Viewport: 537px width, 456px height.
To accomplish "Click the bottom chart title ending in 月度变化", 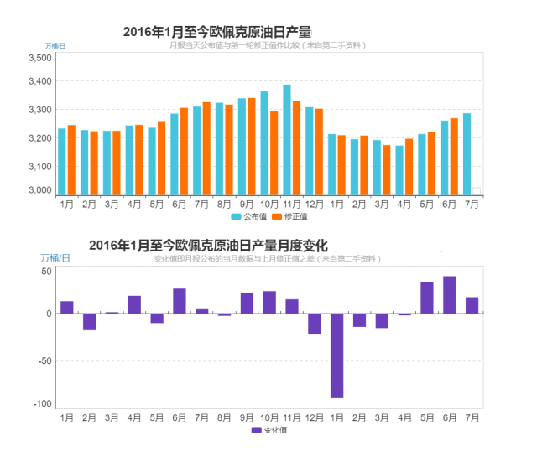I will (x=207, y=246).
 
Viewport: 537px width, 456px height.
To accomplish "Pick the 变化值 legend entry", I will (x=269, y=429).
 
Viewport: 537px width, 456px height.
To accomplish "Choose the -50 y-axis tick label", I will (x=44, y=360).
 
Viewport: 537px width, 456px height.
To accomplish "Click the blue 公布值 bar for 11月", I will (x=287, y=139).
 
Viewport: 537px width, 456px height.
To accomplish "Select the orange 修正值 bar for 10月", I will (x=274, y=153).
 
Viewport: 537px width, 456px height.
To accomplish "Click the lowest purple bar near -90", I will (x=336, y=355).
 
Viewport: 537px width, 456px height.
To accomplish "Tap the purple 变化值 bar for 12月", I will (x=315, y=324).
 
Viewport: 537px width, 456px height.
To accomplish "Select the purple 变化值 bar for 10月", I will (x=269, y=303).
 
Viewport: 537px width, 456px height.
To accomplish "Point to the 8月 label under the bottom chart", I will (x=224, y=417).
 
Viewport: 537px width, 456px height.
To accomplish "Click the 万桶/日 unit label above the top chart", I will (x=55, y=44).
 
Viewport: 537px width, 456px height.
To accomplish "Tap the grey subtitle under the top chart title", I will (x=267, y=44).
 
